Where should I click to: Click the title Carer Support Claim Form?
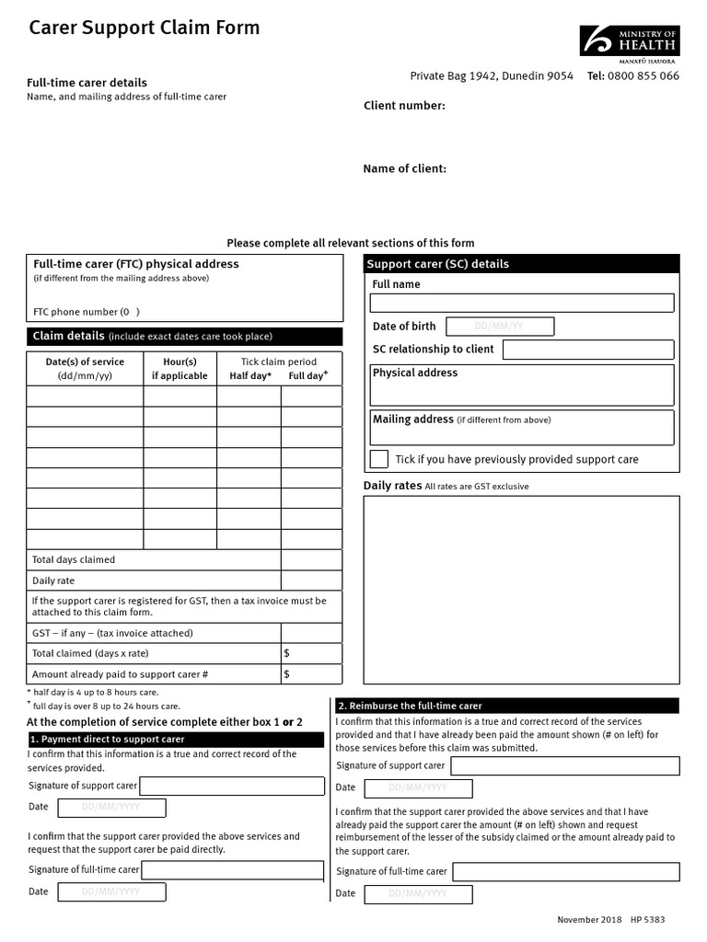145,29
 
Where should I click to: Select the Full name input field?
522,304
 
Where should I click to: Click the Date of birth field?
500,327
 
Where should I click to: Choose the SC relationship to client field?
587,350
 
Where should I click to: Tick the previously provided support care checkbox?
378,459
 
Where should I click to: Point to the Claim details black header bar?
185,337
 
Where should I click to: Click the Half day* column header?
249,376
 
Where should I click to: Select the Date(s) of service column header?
85,369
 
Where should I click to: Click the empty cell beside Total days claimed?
311,560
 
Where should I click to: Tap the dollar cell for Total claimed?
311,653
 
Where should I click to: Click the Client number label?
404,106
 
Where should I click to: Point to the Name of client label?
404,169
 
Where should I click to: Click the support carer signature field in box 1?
231,787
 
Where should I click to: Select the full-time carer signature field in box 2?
565,872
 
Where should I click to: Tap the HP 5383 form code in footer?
647,920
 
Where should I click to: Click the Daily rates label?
392,486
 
